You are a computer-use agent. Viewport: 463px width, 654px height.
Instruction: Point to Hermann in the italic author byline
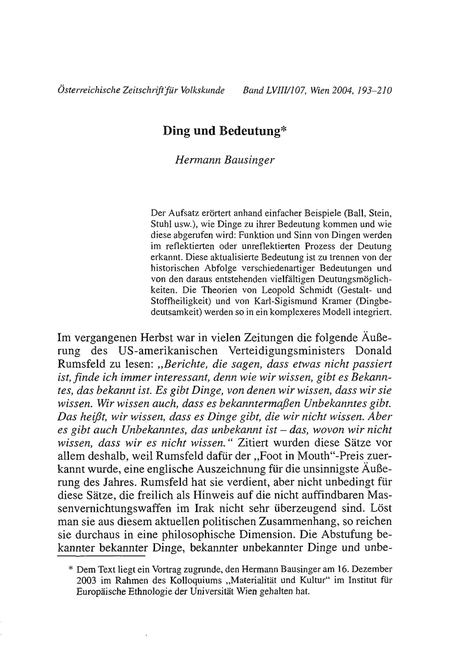[x=197, y=160]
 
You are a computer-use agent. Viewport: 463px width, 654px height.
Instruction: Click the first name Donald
[x=373, y=351]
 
